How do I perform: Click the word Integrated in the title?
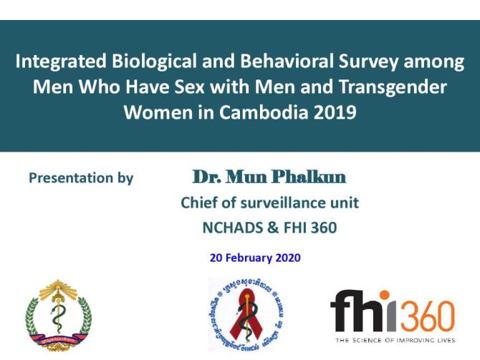(x=57, y=62)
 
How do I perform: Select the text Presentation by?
(x=81, y=178)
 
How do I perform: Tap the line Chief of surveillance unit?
(x=269, y=203)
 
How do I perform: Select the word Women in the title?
(x=153, y=114)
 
